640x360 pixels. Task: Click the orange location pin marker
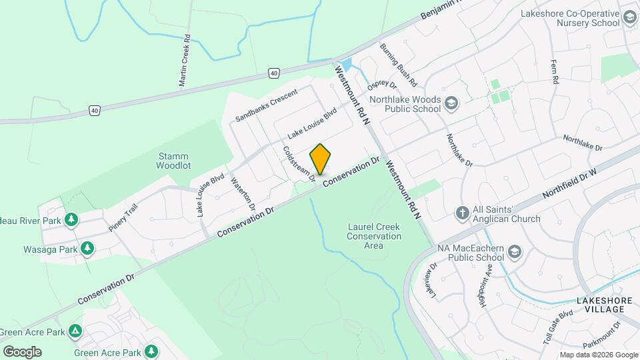tap(321, 159)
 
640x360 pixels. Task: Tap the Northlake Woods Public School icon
tap(452, 103)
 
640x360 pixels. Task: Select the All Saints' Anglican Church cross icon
tap(461, 213)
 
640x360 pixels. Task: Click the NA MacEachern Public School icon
tap(514, 251)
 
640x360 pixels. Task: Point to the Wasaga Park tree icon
tap(87, 248)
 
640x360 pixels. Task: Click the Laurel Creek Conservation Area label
tap(374, 236)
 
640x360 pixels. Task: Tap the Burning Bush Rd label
tap(398, 65)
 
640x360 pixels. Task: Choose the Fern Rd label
tap(554, 71)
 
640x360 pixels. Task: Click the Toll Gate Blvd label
tap(558, 326)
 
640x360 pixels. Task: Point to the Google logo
tap(22, 352)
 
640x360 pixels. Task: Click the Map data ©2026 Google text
tap(599, 355)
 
